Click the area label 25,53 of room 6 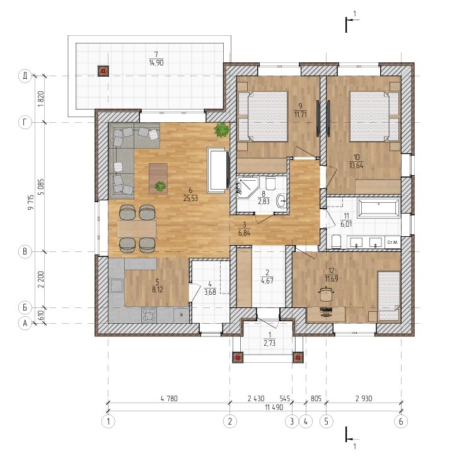pyautogui.click(x=190, y=198)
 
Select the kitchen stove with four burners pyautogui.click(x=149, y=314)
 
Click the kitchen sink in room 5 pyautogui.click(x=117, y=285)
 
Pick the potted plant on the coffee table pyautogui.click(x=160, y=186)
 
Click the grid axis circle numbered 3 pyautogui.click(x=292, y=421)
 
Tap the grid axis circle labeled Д pyautogui.click(x=25, y=76)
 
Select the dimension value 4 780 pyautogui.click(x=169, y=398)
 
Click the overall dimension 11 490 pyautogui.click(x=274, y=408)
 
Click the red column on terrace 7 pyautogui.click(x=103, y=71)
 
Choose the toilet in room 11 pyautogui.click(x=336, y=241)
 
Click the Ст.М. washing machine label pyautogui.click(x=393, y=243)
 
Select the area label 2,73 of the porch pyautogui.click(x=269, y=343)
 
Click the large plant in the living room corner pyautogui.click(x=221, y=130)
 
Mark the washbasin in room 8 pyautogui.click(x=282, y=201)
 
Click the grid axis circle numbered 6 pyautogui.click(x=401, y=421)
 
